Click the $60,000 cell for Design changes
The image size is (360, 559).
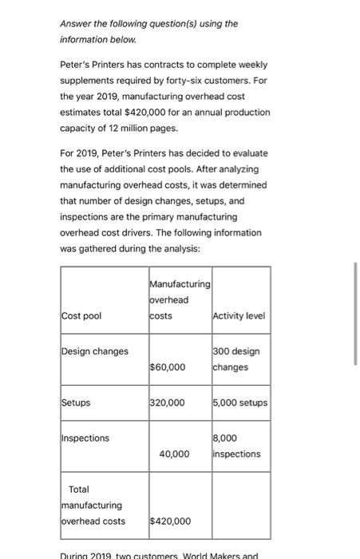pyautogui.click(x=168, y=367)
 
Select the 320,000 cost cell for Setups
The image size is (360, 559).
pyautogui.click(x=168, y=402)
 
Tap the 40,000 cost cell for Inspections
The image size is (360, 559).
pyautogui.click(x=174, y=454)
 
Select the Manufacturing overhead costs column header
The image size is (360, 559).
pyautogui.click(x=179, y=299)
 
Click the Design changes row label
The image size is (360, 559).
pyautogui.click(x=95, y=351)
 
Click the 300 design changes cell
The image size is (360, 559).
pyautogui.click(x=236, y=359)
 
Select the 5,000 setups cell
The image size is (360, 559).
pyautogui.click(x=240, y=402)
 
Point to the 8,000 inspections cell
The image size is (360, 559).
pyautogui.click(x=235, y=446)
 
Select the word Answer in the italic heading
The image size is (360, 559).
pyautogui.click(x=76, y=23)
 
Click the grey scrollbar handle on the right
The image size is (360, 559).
pyautogui.click(x=356, y=315)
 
